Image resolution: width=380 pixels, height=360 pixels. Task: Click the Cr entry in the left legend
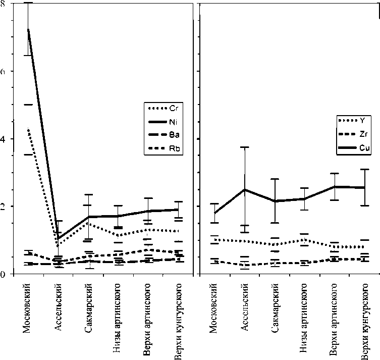point(177,108)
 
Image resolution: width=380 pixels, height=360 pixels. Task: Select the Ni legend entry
point(177,121)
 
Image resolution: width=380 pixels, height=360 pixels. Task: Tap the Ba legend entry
point(177,135)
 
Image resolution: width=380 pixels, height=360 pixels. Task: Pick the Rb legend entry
point(177,148)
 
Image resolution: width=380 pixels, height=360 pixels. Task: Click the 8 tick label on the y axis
point(3,4)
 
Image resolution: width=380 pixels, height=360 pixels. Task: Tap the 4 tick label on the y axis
point(3,139)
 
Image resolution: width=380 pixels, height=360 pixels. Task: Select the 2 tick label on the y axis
point(3,207)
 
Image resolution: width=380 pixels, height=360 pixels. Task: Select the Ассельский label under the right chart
point(244,308)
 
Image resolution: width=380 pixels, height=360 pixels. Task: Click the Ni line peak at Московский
point(28,29)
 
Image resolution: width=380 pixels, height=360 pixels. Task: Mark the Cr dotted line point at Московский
point(28,129)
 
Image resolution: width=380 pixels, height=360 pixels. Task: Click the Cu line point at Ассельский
point(244,190)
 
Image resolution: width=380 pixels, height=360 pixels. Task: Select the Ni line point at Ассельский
point(59,238)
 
